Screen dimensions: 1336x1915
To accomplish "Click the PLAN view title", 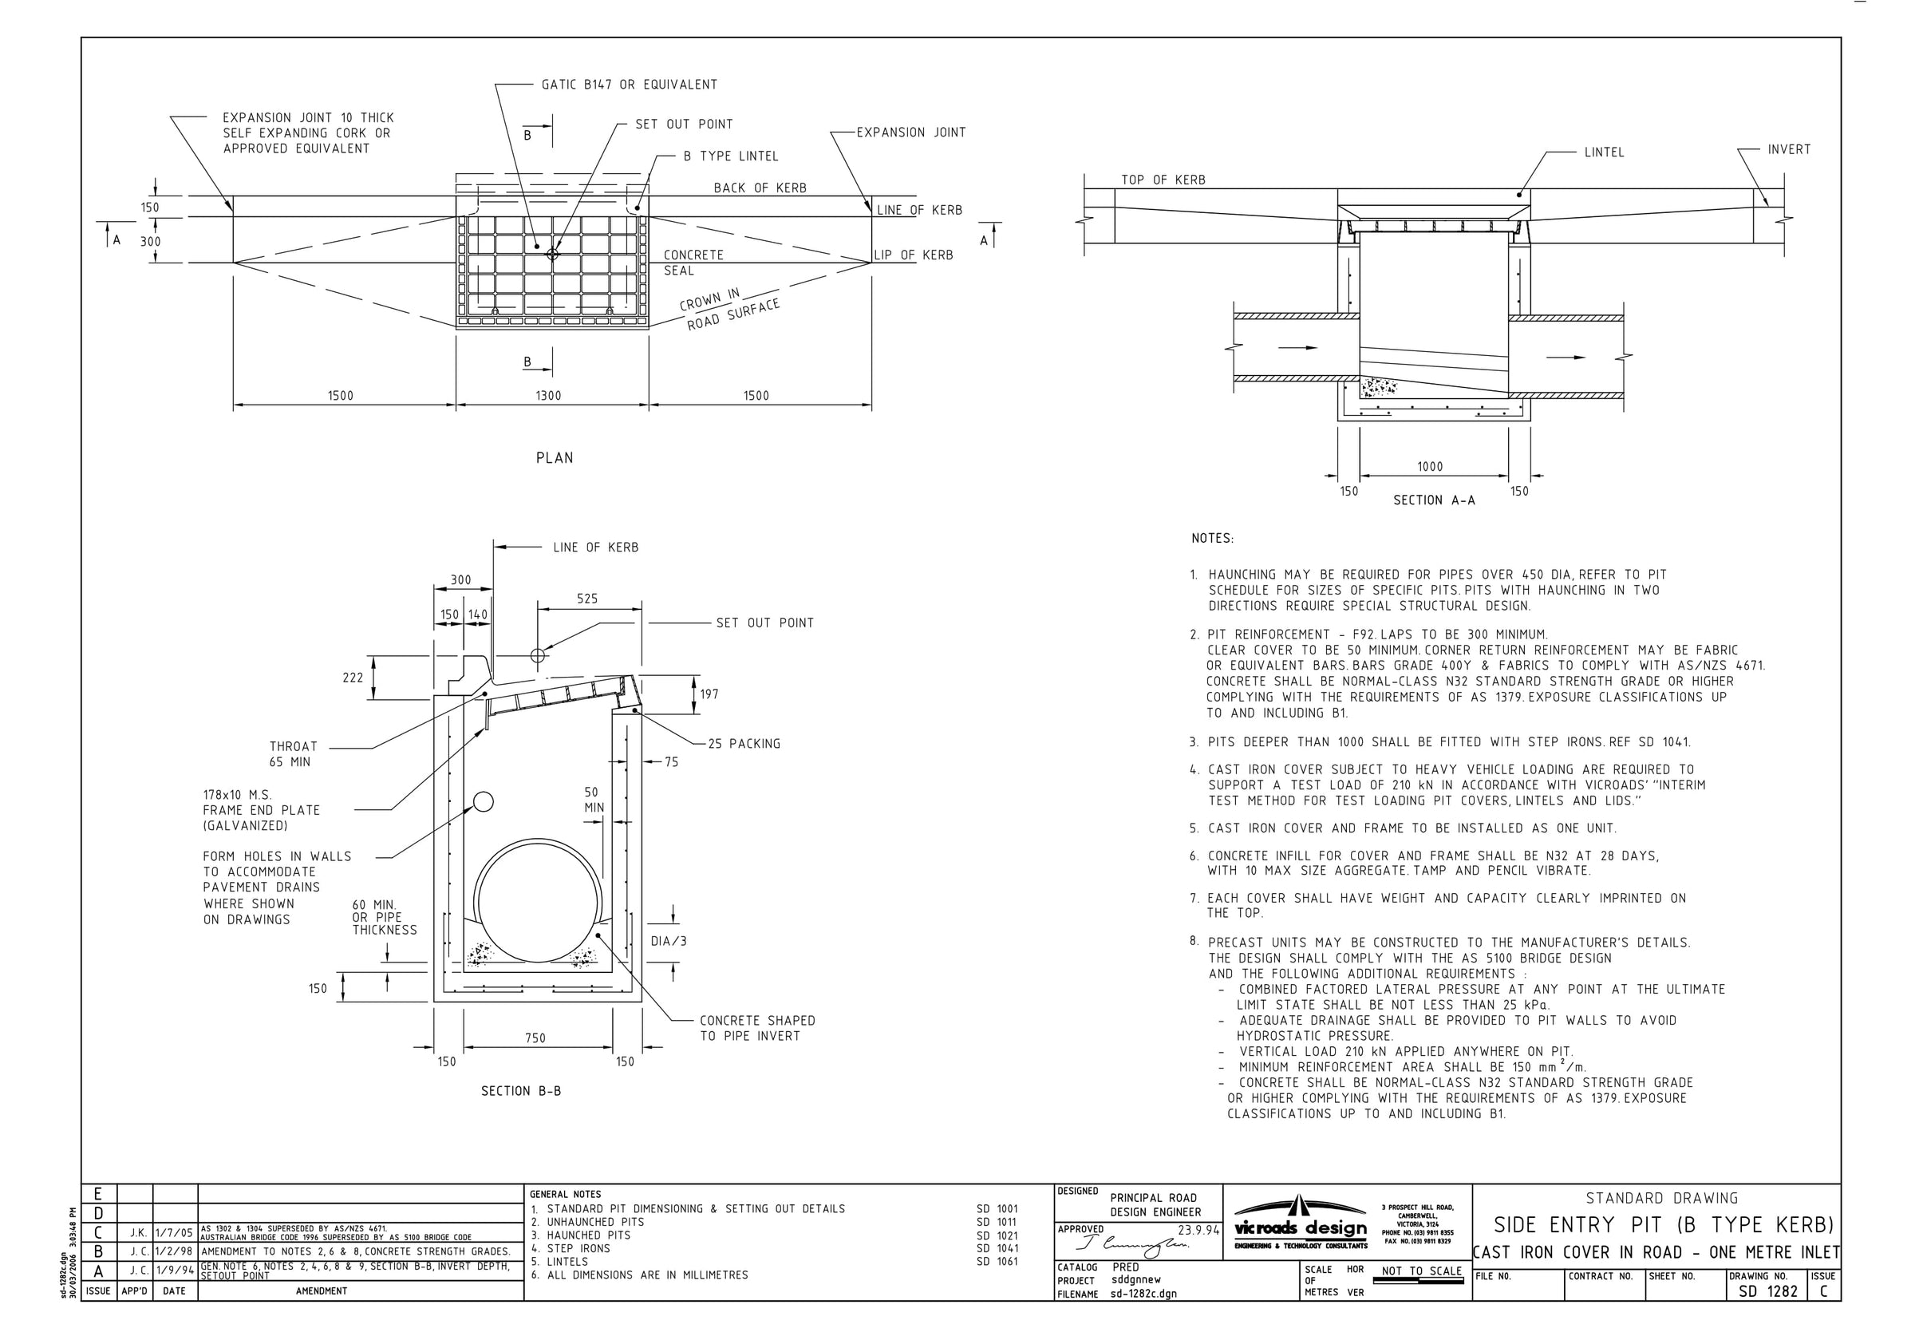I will click(x=554, y=457).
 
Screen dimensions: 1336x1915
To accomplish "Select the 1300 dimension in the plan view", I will click(x=548, y=396).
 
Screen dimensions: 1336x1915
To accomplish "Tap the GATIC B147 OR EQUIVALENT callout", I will click(x=629, y=85).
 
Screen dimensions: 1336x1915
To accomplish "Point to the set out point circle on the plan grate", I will click(x=552, y=254).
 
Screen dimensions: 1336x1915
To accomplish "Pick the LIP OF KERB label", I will click(x=914, y=255).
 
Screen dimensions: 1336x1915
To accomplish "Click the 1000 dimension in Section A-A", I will click(x=1430, y=466).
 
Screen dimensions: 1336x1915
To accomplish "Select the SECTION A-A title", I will click(x=1434, y=500).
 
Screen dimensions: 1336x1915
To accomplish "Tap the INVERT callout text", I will click(x=1789, y=149).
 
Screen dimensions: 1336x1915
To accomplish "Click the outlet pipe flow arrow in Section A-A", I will click(x=1566, y=358).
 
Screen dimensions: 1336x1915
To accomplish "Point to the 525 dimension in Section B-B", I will click(x=587, y=599).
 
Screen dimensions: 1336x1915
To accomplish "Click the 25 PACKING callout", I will click(x=744, y=744).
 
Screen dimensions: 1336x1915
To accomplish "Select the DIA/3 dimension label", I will click(x=668, y=941).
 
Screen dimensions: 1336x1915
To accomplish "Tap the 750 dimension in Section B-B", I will click(x=535, y=1038).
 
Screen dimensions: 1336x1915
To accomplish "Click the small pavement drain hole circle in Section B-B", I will click(x=483, y=802).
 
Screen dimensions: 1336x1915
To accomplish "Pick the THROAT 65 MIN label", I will click(x=293, y=753).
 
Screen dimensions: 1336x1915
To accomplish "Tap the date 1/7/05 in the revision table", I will click(x=174, y=1232).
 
